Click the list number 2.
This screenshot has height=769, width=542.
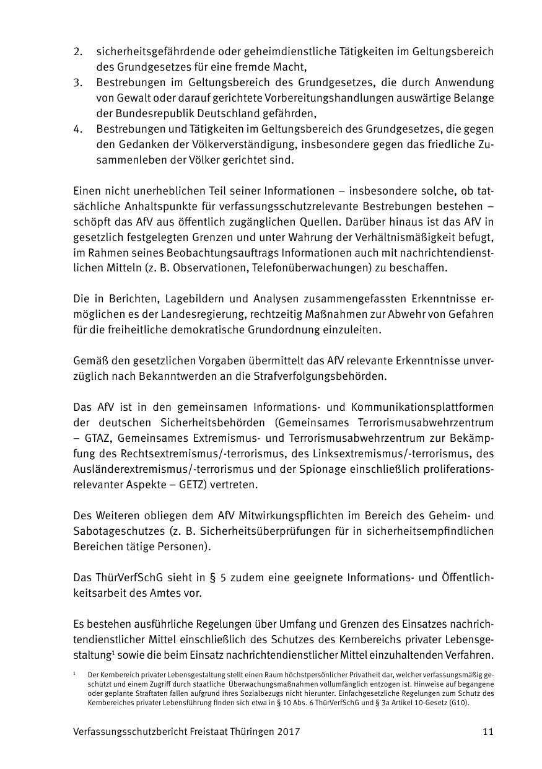point(77,51)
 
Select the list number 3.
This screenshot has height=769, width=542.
point(77,83)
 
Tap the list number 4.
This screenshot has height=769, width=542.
point(77,130)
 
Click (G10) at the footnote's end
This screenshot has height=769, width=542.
point(459,703)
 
